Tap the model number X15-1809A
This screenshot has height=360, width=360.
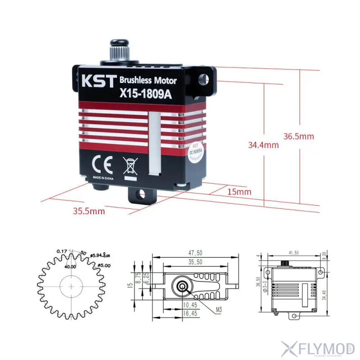145,94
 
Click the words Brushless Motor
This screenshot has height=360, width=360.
148,81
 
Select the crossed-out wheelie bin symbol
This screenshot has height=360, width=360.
130,166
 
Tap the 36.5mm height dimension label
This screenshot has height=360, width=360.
299,136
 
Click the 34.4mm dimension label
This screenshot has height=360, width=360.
263,145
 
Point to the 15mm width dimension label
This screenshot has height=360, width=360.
239,192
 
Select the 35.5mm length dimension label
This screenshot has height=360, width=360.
89,211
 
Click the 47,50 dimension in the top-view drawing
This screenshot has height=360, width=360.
196,253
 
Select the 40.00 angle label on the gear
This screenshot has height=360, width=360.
70,266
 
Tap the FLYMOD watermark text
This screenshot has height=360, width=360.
323,348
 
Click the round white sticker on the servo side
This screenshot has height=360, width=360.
195,152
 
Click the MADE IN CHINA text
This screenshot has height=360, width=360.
103,178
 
